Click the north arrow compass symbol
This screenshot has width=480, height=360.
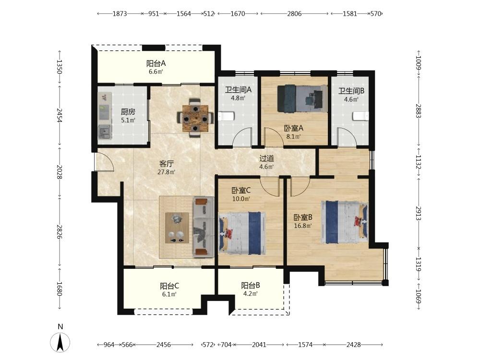click(x=60, y=342)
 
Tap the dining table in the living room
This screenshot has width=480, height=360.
click(x=195, y=118)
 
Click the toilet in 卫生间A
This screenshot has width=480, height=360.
click(x=226, y=116)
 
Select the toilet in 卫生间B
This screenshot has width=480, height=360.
click(x=360, y=116)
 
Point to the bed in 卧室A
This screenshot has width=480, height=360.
click(x=302, y=98)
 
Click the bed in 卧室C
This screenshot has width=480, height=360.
click(x=242, y=233)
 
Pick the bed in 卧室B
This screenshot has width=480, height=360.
click(x=344, y=222)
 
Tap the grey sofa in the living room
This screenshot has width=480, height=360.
click(x=203, y=227)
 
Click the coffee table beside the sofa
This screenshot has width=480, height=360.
click(x=177, y=228)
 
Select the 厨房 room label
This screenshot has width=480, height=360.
click(x=128, y=112)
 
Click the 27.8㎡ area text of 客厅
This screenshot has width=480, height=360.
click(x=166, y=172)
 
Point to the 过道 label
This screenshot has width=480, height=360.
click(x=266, y=158)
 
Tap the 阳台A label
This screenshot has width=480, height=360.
click(x=156, y=63)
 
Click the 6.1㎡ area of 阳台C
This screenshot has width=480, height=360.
click(x=169, y=294)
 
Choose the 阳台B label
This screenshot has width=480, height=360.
click(x=251, y=285)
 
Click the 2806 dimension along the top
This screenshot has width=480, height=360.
click(x=294, y=13)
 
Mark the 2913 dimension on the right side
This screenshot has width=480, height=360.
click(x=419, y=214)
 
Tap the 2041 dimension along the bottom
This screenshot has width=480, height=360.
click(x=259, y=345)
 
